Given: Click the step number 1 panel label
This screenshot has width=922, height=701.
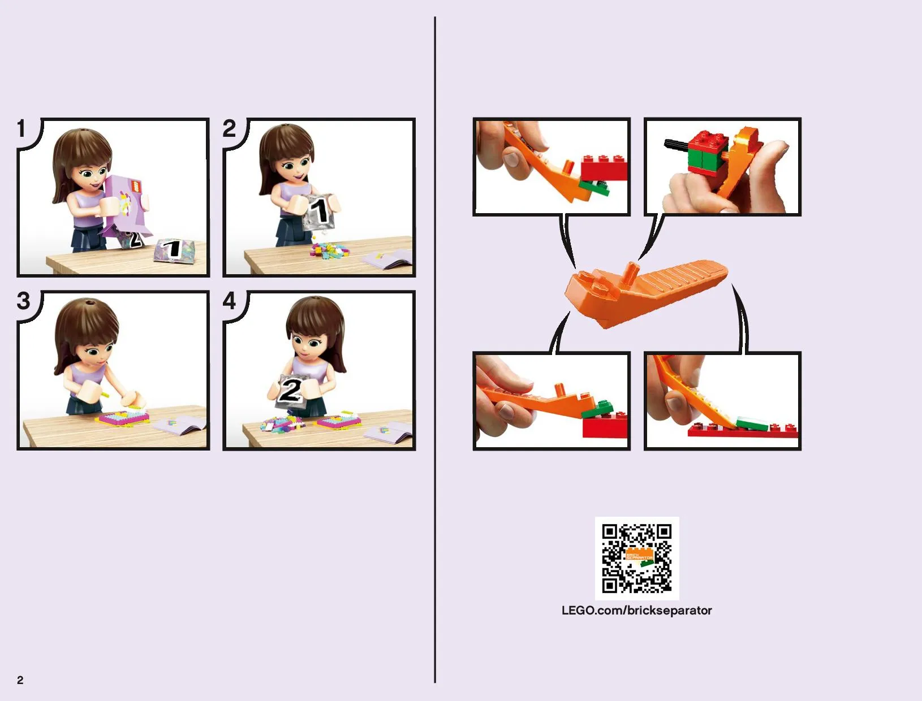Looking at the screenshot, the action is tap(21, 128).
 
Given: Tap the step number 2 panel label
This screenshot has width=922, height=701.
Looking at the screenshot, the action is tap(229, 128).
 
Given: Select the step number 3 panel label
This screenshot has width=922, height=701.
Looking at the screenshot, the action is tap(24, 301).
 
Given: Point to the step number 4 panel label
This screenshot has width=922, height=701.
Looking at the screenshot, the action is tap(229, 301).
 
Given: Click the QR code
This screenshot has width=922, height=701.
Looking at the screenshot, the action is tap(637, 559).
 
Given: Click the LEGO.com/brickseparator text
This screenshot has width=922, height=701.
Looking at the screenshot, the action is tap(637, 611).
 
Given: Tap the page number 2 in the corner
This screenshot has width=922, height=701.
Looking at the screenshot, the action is tap(20, 681).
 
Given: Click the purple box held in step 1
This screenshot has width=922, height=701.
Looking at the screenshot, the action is tap(126, 206).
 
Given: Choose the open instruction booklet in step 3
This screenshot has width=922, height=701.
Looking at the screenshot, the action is tap(180, 426).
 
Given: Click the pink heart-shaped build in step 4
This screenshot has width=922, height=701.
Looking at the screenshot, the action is tap(339, 421).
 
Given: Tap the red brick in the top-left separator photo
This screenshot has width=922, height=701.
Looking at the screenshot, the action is tap(604, 168).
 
